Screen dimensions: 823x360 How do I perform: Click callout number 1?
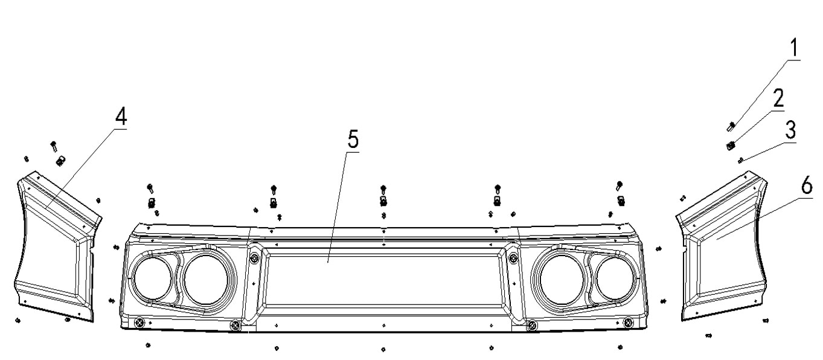tap(794, 48)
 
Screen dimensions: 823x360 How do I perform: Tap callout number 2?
tap(778, 99)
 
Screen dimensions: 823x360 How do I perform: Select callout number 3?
tap(790, 130)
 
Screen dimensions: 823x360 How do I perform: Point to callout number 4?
tap(121, 117)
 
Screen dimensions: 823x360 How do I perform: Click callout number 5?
tap(353, 140)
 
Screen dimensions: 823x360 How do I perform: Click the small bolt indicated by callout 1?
tap(731, 127)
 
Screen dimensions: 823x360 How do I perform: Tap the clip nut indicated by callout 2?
tap(731, 146)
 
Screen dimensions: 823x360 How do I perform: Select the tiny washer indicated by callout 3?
tap(741, 160)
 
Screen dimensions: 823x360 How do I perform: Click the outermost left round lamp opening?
tap(153, 278)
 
